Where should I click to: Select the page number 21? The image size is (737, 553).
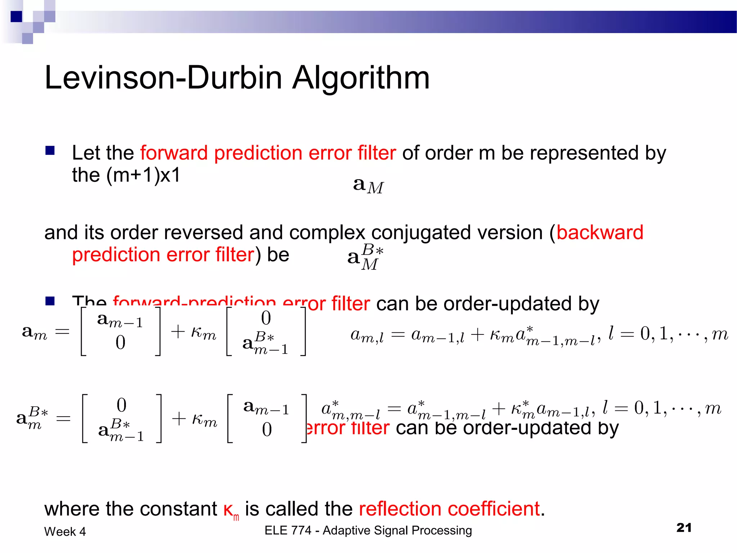tap(684, 527)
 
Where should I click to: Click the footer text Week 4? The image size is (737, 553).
tap(65, 531)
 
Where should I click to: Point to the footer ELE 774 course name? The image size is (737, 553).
tap(368, 530)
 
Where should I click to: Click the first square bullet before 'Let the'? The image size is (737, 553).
tap(50, 150)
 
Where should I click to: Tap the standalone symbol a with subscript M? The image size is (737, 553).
tap(368, 186)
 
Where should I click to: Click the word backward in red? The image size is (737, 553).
tap(600, 232)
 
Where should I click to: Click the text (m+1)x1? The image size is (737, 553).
tap(143, 176)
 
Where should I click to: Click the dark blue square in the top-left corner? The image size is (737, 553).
tap(17, 17)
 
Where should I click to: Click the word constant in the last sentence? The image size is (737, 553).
tap(178, 509)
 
